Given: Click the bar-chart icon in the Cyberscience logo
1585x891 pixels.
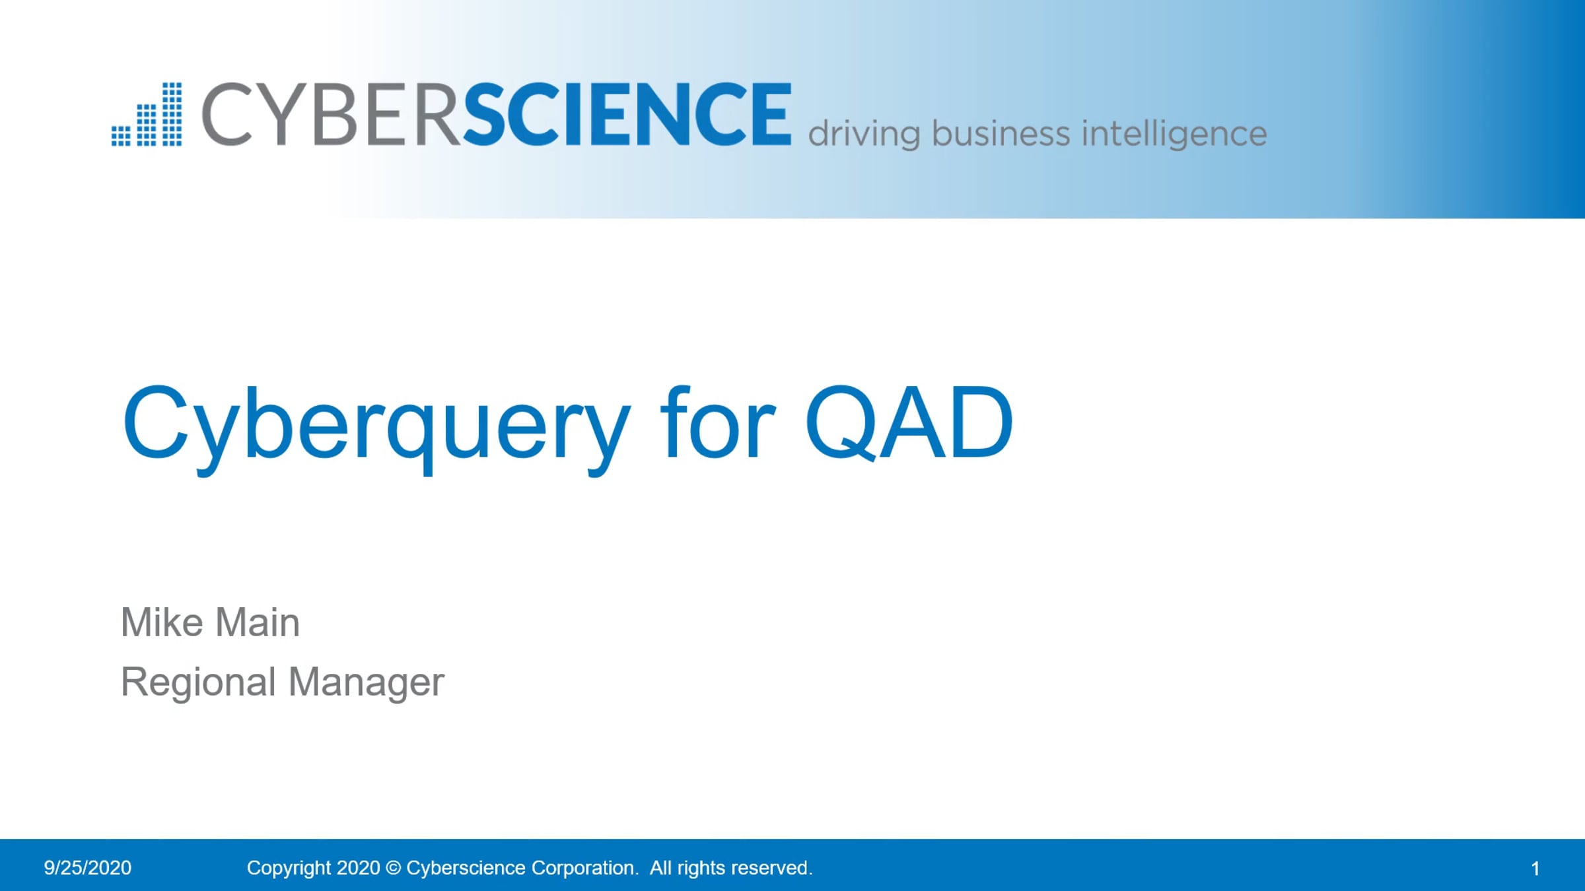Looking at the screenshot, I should (147, 115).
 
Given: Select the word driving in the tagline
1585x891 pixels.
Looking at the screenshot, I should (864, 134).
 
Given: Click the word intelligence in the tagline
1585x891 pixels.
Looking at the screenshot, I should (1174, 134).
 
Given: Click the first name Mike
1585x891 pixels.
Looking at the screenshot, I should (162, 622).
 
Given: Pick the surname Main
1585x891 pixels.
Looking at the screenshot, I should (258, 622).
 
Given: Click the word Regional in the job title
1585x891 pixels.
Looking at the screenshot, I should (198, 682).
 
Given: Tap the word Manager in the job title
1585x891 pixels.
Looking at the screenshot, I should (367, 682).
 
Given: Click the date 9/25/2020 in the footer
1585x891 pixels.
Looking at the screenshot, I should (88, 868).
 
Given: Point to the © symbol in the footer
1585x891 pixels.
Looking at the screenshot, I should (393, 868).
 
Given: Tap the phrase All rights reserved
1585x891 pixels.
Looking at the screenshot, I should (731, 868).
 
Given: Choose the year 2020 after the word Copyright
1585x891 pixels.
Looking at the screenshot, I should (358, 868).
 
